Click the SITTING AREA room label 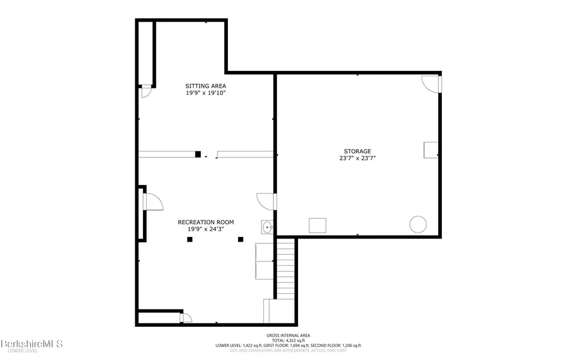206,86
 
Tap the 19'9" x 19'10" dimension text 206,93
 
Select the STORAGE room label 358,151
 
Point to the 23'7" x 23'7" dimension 358,159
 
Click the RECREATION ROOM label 206,222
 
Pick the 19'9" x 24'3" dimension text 206,229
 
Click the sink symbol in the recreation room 267,227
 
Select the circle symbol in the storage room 418,225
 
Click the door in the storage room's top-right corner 431,83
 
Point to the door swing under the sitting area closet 145,91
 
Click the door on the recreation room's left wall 153,201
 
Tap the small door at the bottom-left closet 187,317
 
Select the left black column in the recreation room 189,239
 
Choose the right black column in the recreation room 240,239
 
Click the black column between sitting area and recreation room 197,154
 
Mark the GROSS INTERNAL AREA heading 288,335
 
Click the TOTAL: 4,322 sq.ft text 288,340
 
